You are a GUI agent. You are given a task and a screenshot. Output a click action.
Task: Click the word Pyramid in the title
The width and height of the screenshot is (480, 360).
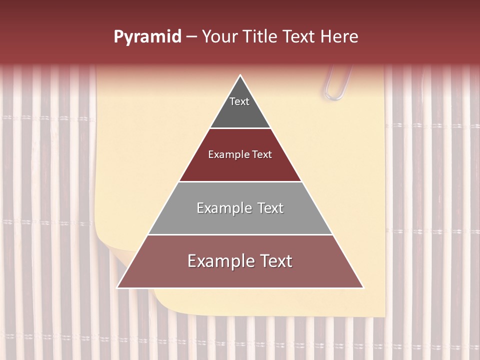[147, 37]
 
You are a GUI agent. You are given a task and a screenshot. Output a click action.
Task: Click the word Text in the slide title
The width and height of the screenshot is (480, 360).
[300, 37]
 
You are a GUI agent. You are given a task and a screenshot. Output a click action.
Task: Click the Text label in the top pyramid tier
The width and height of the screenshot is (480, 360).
[239, 102]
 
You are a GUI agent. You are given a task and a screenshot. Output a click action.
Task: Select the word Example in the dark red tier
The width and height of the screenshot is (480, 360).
[226, 155]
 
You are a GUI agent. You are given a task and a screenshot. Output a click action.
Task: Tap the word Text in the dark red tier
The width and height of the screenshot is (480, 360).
[262, 155]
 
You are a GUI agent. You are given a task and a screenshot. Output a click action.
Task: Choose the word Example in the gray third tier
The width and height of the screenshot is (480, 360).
[223, 208]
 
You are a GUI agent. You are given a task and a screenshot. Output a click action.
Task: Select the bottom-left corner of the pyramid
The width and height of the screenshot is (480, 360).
[117, 287]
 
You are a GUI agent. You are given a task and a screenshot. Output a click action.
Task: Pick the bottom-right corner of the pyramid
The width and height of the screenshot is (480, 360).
[363, 287]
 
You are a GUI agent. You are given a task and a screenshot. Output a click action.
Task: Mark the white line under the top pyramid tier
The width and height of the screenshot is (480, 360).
[240, 128]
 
